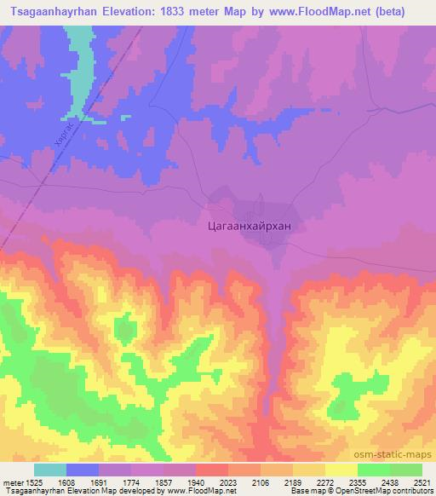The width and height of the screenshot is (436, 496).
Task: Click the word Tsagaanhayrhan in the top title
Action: coord(54,12)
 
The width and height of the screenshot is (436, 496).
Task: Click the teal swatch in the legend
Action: coord(50,470)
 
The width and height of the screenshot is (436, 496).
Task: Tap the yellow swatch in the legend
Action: coord(341,470)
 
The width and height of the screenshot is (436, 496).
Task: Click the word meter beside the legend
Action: coord(11,482)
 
